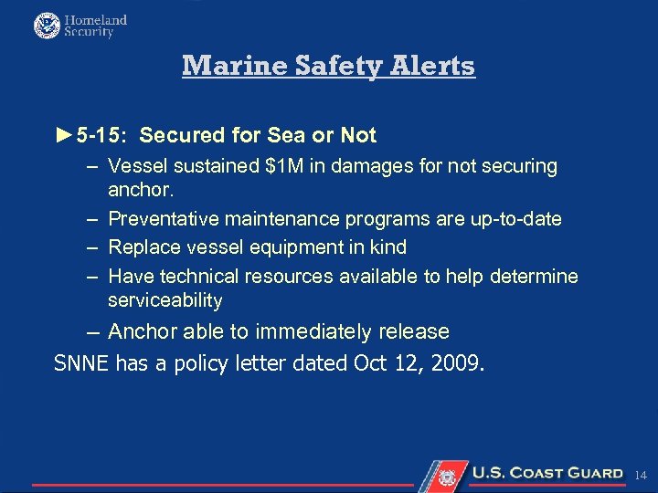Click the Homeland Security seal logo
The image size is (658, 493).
(47, 26)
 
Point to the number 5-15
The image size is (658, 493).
(101, 136)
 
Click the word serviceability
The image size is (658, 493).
(164, 300)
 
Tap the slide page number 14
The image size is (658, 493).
(640, 476)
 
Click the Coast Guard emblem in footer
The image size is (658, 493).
(448, 476)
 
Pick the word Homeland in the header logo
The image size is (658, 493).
(96, 19)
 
